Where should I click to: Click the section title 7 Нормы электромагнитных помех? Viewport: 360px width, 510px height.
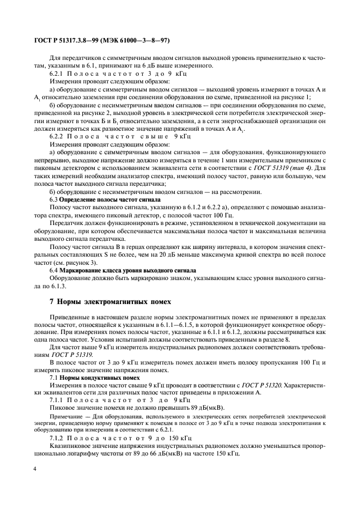[102, 301]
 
